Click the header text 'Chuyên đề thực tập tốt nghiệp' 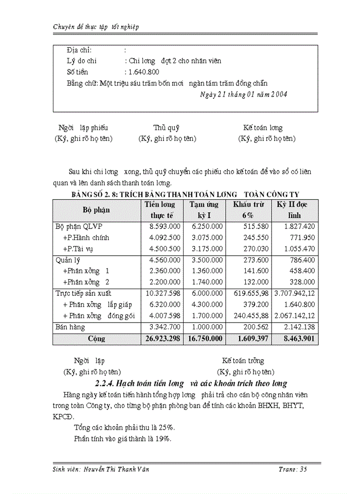96,26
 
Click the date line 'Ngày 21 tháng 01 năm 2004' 243,94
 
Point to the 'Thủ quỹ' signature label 166,128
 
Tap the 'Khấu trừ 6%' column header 248,210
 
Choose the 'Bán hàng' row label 70,327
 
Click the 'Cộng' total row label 96,339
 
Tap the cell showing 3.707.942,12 294,293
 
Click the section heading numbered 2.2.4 191,383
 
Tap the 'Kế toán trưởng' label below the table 243,361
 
